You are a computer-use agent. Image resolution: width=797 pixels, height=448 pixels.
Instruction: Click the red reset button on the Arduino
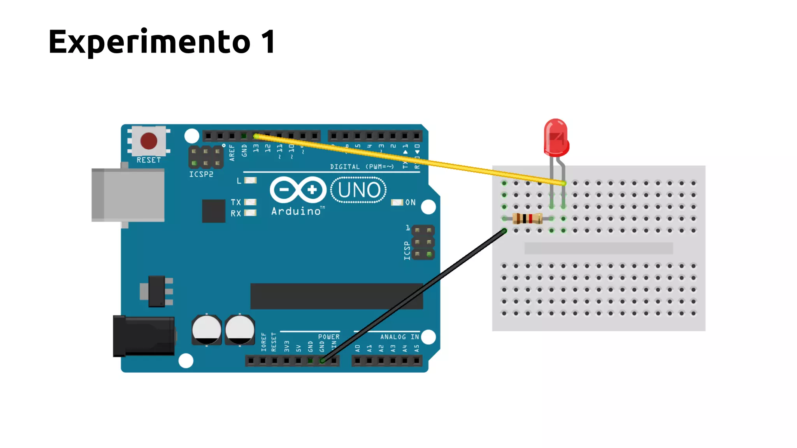point(149,141)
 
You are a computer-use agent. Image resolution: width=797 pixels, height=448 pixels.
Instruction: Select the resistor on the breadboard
point(527,219)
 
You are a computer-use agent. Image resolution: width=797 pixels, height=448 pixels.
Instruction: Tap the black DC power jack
point(144,336)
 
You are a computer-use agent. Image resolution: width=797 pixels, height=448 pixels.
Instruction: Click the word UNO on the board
point(359,190)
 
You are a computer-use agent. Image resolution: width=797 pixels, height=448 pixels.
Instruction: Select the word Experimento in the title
point(149,42)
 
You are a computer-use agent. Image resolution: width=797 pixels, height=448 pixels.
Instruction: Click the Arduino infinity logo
point(298,190)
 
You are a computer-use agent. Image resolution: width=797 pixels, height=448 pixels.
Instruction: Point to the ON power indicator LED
point(397,202)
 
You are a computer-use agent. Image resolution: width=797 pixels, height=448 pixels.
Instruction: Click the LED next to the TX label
point(250,202)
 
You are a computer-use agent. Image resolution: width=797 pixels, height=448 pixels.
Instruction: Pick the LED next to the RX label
point(250,213)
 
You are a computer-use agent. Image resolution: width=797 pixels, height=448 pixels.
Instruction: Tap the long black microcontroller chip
point(336,296)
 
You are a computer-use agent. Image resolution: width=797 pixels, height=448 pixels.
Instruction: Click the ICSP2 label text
point(201,174)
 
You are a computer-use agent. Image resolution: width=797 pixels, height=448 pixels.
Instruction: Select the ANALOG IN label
point(399,337)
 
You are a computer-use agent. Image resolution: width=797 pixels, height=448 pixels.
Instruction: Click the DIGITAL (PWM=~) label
point(362,167)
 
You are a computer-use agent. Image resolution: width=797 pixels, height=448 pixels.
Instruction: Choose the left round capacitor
point(206,330)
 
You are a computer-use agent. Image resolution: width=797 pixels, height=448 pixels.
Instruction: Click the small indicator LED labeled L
point(250,180)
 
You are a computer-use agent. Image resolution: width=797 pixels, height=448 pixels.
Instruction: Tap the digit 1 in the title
point(269,42)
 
